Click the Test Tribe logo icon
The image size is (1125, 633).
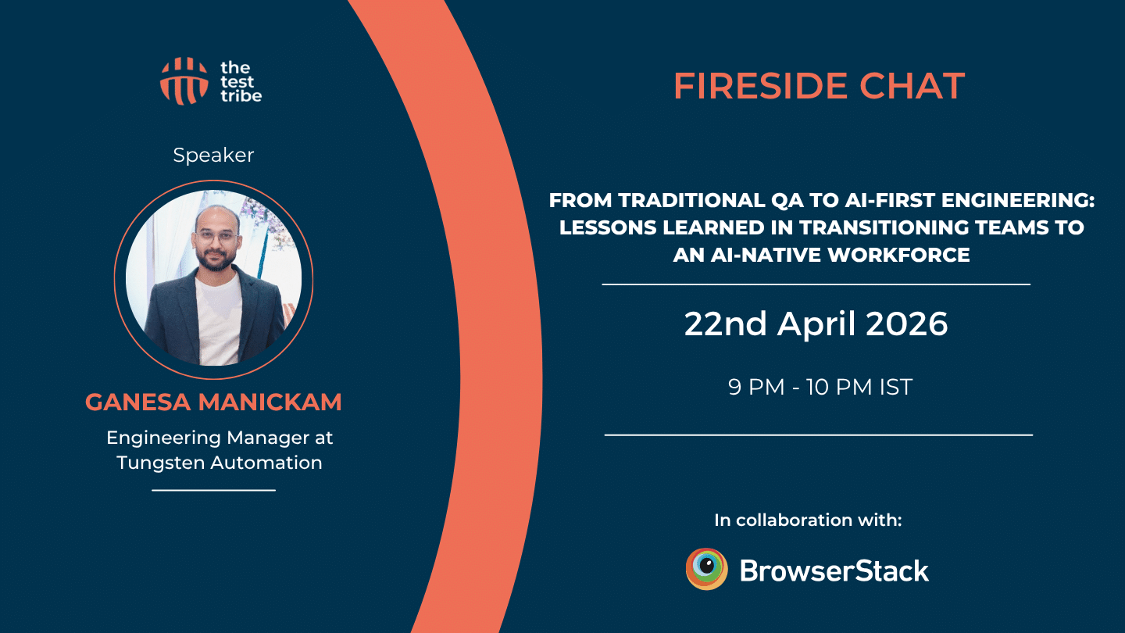(184, 80)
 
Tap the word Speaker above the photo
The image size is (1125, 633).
(213, 155)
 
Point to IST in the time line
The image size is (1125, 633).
(895, 387)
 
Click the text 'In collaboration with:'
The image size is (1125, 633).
(808, 520)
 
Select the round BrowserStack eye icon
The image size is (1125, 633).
(707, 569)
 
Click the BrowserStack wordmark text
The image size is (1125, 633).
(834, 570)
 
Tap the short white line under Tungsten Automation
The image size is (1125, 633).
(213, 490)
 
